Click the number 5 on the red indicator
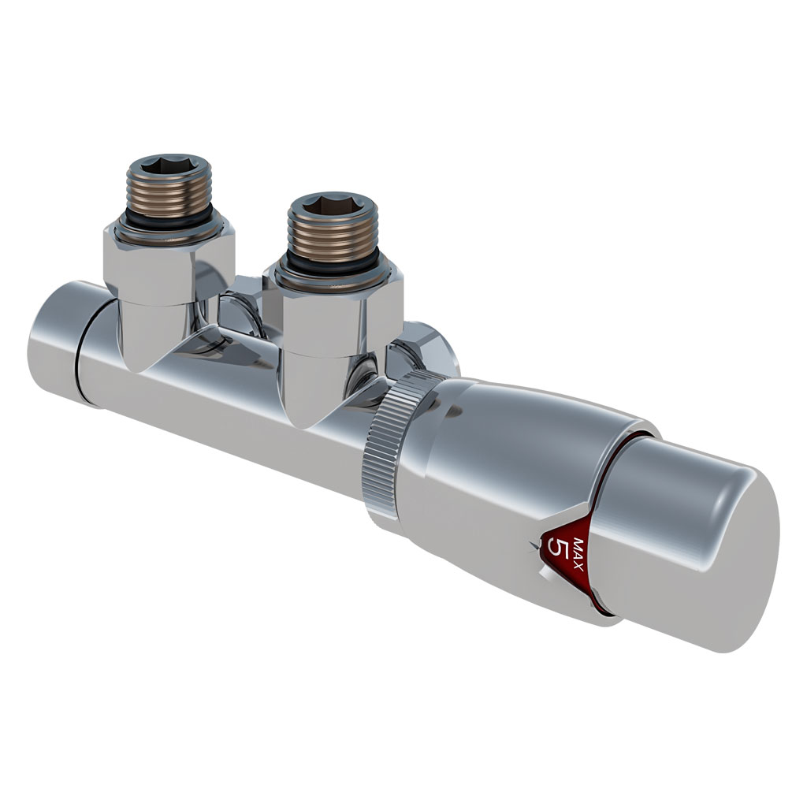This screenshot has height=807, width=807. pos(559,549)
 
